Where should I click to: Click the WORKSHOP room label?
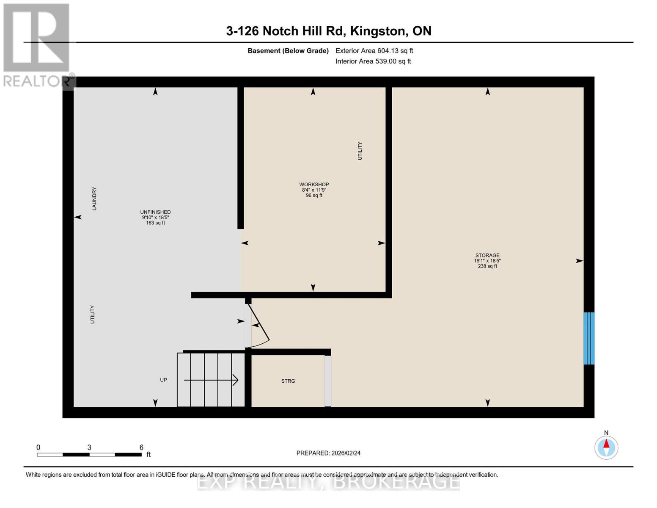314,184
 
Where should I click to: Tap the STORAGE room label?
487,255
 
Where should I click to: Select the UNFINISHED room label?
155,212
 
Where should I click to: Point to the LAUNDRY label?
94,199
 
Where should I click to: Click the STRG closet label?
288,381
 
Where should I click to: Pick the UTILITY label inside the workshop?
360,151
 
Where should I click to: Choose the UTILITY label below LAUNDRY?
93,315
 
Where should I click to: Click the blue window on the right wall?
588,338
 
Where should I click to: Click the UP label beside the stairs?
163,380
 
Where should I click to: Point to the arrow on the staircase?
211,380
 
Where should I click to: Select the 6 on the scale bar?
141,447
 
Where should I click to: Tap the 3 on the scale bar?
89,447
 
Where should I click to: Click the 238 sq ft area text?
487,266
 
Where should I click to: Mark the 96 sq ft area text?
314,195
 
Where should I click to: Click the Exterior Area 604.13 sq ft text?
374,51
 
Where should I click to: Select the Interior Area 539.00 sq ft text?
373,61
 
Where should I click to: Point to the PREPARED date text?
328,453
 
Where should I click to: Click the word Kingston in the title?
377,31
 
